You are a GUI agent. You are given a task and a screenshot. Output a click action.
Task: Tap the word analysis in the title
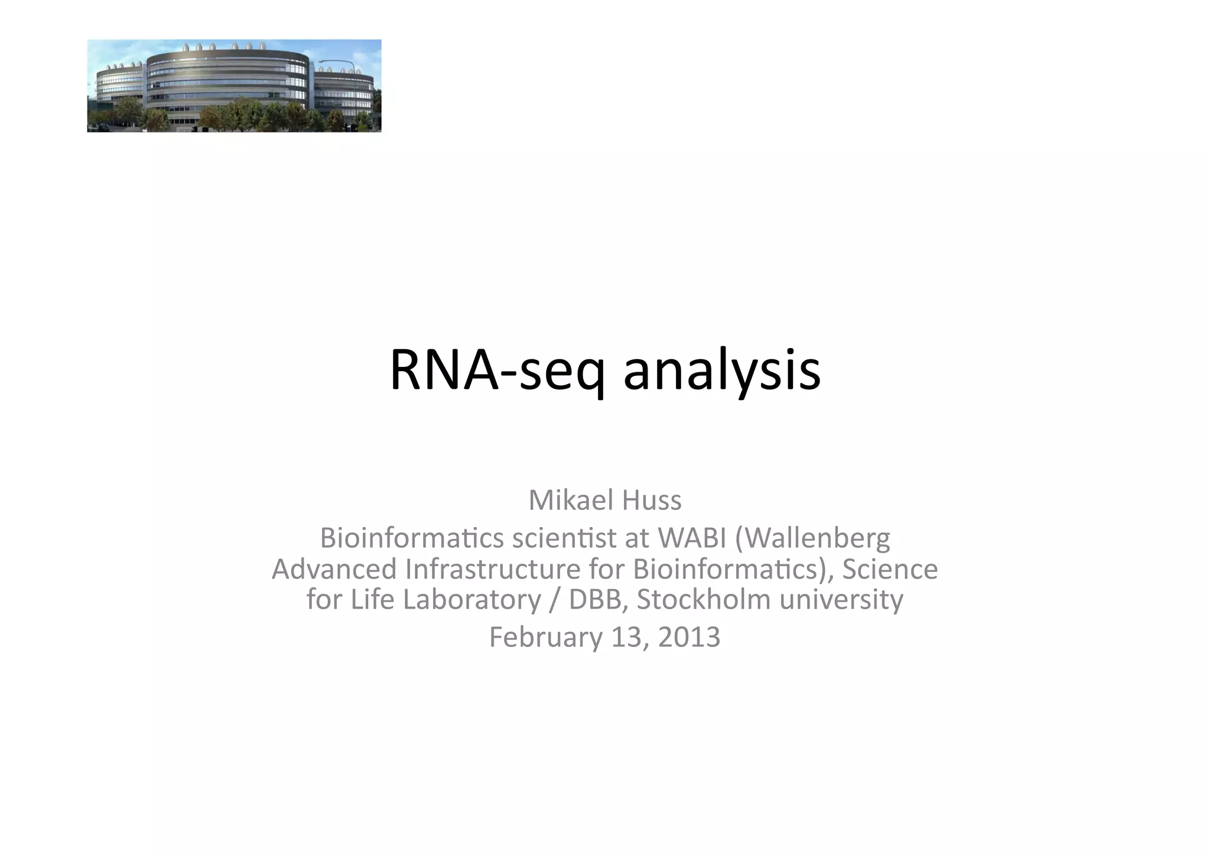pyautogui.click(x=721, y=371)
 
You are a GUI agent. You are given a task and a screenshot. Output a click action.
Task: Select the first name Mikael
pyautogui.click(x=562, y=500)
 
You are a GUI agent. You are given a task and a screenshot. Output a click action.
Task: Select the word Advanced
pyautogui.click(x=334, y=569)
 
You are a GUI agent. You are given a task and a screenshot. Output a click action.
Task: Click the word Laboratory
pyautogui.click(x=471, y=599)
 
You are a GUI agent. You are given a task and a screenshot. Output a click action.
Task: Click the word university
pyautogui.click(x=841, y=599)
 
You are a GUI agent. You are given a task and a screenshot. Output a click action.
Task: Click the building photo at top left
pyautogui.click(x=234, y=86)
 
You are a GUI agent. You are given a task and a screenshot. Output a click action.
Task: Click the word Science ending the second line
pyautogui.click(x=890, y=569)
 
